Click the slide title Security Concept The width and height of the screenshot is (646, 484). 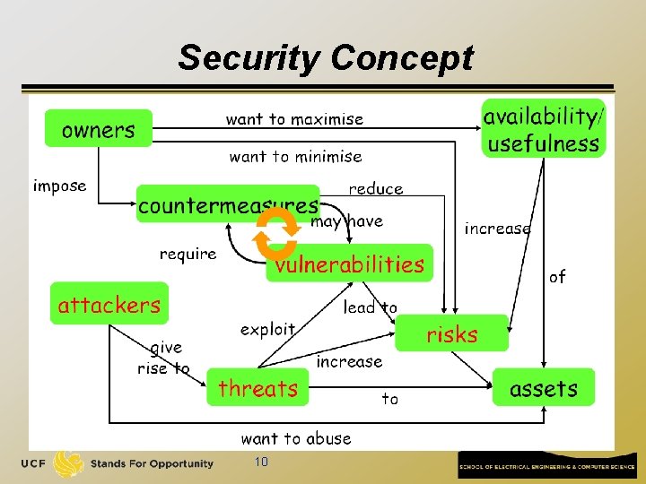(325, 58)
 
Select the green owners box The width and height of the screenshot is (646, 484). (99, 130)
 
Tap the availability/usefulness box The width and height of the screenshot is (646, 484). (543, 129)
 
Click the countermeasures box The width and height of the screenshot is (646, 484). (228, 204)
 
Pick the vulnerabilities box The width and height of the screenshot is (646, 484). (350, 264)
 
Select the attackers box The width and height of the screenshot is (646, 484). (109, 305)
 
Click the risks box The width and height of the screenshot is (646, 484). (452, 334)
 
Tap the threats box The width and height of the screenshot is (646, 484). (258, 388)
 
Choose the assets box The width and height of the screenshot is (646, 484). (544, 388)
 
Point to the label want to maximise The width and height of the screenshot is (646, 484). (294, 119)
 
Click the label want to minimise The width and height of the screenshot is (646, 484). (295, 157)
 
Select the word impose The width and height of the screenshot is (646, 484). (60, 186)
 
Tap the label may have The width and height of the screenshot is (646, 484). (346, 221)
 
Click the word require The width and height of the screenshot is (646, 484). (188, 254)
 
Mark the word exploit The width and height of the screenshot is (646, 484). (267, 330)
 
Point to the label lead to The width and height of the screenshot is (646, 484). (371, 307)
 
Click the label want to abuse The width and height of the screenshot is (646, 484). (296, 438)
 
